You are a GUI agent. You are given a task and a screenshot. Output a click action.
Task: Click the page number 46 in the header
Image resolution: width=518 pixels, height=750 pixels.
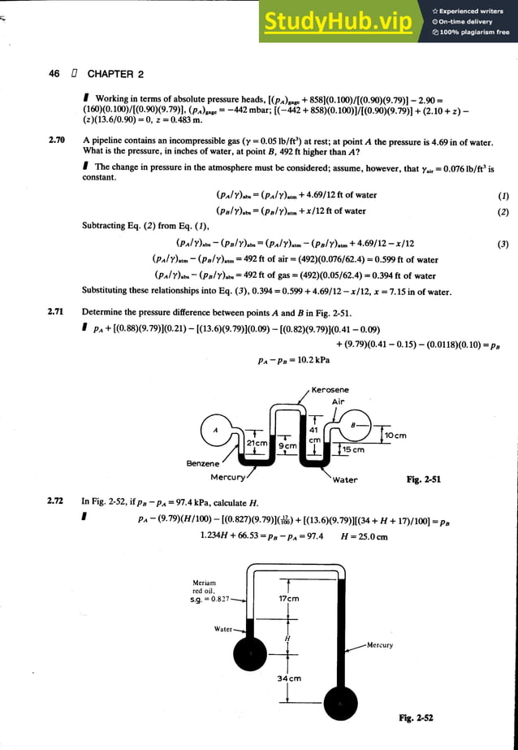[x=54, y=74]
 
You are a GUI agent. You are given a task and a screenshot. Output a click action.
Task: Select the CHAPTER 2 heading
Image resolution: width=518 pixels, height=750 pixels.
[x=115, y=74]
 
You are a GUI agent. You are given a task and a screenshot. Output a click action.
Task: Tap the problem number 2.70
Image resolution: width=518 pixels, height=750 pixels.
[x=57, y=141]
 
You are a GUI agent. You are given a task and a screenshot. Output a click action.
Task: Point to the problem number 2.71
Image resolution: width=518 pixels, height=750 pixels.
[x=57, y=312]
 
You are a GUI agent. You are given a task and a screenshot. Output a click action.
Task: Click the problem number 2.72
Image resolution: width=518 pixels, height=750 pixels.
[x=57, y=501]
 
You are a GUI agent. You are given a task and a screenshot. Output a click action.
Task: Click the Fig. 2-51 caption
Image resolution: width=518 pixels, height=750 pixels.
[x=423, y=479]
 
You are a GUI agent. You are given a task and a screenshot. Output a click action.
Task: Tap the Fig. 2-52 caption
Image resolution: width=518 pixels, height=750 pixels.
[x=416, y=717]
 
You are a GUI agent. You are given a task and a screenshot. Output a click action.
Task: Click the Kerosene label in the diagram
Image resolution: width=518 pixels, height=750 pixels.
[x=330, y=390]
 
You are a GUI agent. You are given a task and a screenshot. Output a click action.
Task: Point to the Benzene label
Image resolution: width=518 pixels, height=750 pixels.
[x=203, y=463]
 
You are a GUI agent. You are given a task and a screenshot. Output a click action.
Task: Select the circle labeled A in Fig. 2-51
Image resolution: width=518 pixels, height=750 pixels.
[x=216, y=430]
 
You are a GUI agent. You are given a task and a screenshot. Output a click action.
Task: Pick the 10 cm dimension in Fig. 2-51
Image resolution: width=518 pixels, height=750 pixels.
[x=395, y=436]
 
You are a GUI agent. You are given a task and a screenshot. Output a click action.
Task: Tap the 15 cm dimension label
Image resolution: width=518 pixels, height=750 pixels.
[x=352, y=449]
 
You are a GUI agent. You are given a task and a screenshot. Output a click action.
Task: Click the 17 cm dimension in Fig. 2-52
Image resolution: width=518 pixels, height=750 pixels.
[x=289, y=599]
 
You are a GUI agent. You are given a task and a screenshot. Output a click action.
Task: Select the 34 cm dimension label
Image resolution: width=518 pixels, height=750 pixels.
[x=290, y=678]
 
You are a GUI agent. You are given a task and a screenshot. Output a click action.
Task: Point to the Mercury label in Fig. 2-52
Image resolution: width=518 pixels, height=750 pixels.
[x=379, y=645]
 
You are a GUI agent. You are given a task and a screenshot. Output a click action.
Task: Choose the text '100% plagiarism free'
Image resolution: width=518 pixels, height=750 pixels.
[x=470, y=33]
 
